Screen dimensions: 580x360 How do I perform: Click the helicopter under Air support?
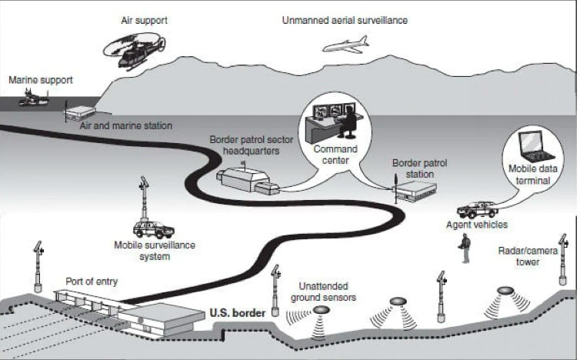point(135,51)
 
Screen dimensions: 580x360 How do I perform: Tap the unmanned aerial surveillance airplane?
point(346,45)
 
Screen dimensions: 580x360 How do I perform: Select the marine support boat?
point(33,98)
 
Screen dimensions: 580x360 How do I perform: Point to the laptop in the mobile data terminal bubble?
point(535,147)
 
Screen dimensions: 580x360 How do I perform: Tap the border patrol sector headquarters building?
point(247,181)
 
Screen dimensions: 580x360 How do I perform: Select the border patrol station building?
point(415,191)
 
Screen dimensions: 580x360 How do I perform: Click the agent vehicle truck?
point(477,210)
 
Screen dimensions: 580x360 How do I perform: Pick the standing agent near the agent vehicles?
point(465,248)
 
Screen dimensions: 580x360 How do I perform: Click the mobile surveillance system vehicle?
point(153,229)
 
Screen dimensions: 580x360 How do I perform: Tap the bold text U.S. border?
point(238,313)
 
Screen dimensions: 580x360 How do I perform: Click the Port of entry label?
point(92,282)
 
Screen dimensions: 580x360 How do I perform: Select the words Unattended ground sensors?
point(323,292)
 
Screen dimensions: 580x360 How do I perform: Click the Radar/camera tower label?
point(528,256)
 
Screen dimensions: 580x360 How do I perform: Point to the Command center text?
point(335,155)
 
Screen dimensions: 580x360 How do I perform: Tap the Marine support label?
point(41,80)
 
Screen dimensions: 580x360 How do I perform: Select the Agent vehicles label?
point(477,225)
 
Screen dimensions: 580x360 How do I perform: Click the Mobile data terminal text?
point(533,175)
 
